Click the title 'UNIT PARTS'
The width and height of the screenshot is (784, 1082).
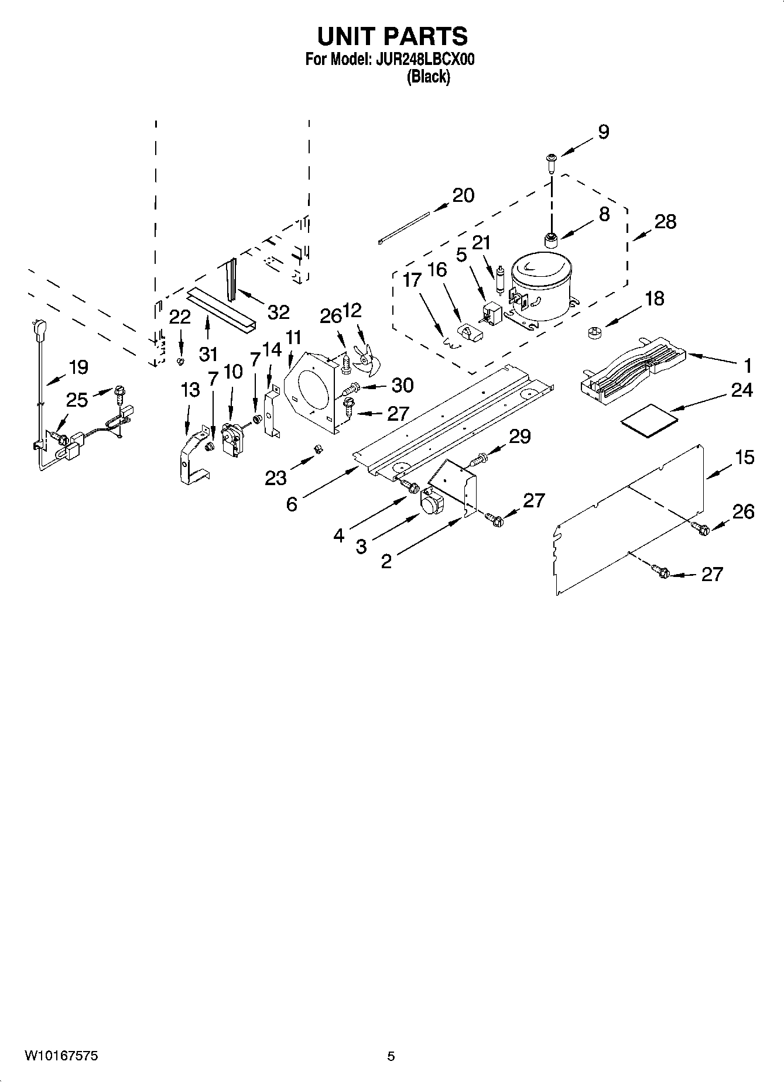tap(392, 36)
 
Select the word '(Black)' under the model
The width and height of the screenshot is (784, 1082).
tap(429, 77)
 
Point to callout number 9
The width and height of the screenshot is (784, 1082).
tap(603, 132)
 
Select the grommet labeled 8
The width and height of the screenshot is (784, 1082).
tap(550, 239)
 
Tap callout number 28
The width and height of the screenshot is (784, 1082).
tap(665, 222)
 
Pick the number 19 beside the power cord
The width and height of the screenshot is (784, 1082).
tap(78, 367)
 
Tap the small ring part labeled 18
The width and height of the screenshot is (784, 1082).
tap(594, 334)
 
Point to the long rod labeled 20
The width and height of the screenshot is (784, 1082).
tap(404, 227)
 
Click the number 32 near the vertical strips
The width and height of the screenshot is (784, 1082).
tap(279, 312)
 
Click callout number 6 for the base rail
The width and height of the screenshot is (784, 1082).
tap(292, 503)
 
